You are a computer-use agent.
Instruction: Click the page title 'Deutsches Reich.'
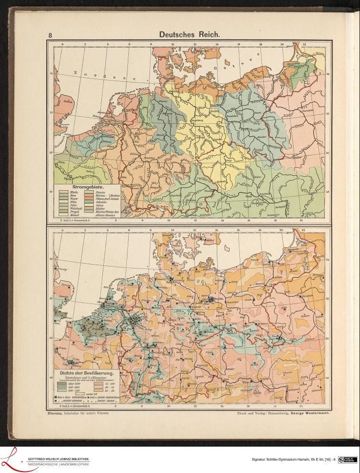click(x=189, y=35)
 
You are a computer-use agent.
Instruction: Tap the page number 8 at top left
click(x=50, y=35)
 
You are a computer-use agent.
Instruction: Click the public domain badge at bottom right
click(x=347, y=460)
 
